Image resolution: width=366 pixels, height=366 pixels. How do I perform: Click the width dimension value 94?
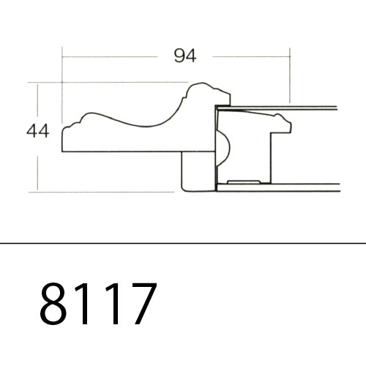tap(185, 56)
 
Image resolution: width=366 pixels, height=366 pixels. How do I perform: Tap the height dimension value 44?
tap(38, 131)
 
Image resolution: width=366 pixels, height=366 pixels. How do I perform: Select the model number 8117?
tap(98, 303)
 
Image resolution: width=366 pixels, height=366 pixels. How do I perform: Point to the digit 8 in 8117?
tap(53, 303)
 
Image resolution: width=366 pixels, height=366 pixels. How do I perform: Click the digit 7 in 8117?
tap(144, 303)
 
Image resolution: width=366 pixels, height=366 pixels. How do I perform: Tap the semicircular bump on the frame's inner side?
tap(223, 148)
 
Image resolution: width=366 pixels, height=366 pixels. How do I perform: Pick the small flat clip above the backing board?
tap(244, 182)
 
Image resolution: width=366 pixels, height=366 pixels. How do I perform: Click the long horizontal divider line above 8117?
tap(183, 243)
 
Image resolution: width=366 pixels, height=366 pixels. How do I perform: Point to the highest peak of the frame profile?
tap(201, 83)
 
